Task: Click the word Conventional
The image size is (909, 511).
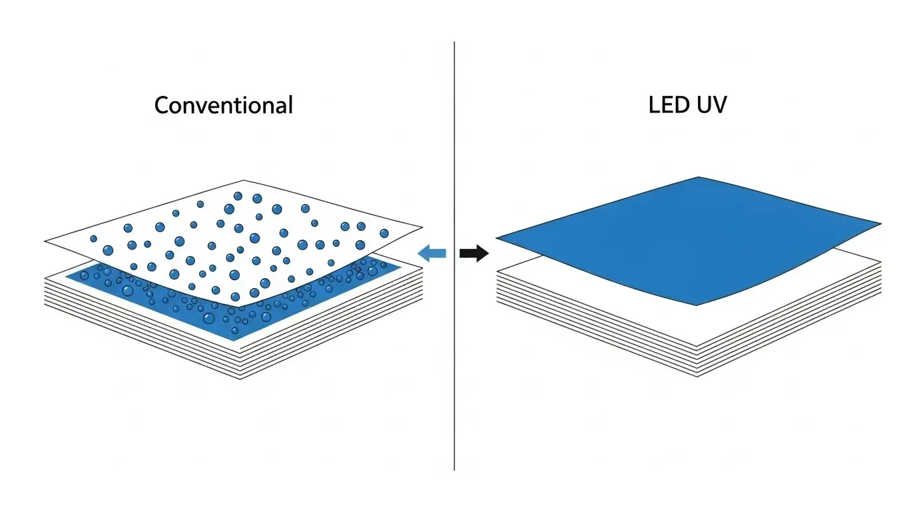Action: (223, 105)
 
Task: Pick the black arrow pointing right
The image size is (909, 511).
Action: (474, 253)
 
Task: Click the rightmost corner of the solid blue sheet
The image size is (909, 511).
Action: (880, 224)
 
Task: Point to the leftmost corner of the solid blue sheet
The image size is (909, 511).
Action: (497, 238)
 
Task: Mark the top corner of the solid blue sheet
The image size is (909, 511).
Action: (698, 177)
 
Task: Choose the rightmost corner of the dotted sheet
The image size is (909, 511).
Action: (422, 228)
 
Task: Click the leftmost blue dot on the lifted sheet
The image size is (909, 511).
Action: (93, 238)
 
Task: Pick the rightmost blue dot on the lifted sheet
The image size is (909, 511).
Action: (384, 233)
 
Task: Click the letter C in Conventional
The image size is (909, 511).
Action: (161, 105)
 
